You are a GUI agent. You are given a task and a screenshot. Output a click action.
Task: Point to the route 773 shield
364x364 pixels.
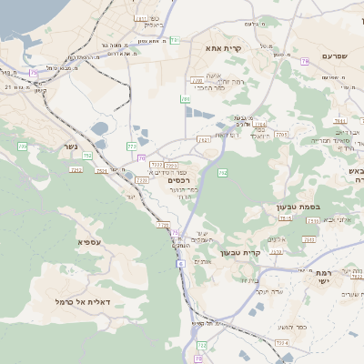tap(132, 145)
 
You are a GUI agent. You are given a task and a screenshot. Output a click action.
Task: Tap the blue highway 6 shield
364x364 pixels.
tap(181, 264)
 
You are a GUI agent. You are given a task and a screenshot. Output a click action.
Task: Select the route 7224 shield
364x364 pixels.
tap(281, 343)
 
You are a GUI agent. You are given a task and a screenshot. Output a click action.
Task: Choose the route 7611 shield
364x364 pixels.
tap(204, 140)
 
